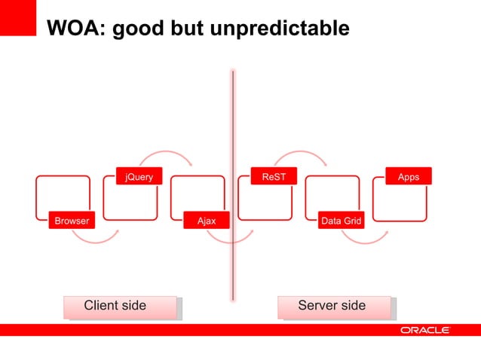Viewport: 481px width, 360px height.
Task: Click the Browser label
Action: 72,221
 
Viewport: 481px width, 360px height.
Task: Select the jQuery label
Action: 139,177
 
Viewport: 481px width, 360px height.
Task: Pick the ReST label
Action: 274,177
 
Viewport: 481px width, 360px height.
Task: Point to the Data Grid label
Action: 342,221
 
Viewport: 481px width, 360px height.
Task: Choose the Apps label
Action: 409,177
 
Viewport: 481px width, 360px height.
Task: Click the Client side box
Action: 120,307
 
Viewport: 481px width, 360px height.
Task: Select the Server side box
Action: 334,307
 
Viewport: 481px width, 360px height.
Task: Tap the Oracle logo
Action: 425,330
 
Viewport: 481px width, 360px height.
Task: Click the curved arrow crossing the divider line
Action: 230,239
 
